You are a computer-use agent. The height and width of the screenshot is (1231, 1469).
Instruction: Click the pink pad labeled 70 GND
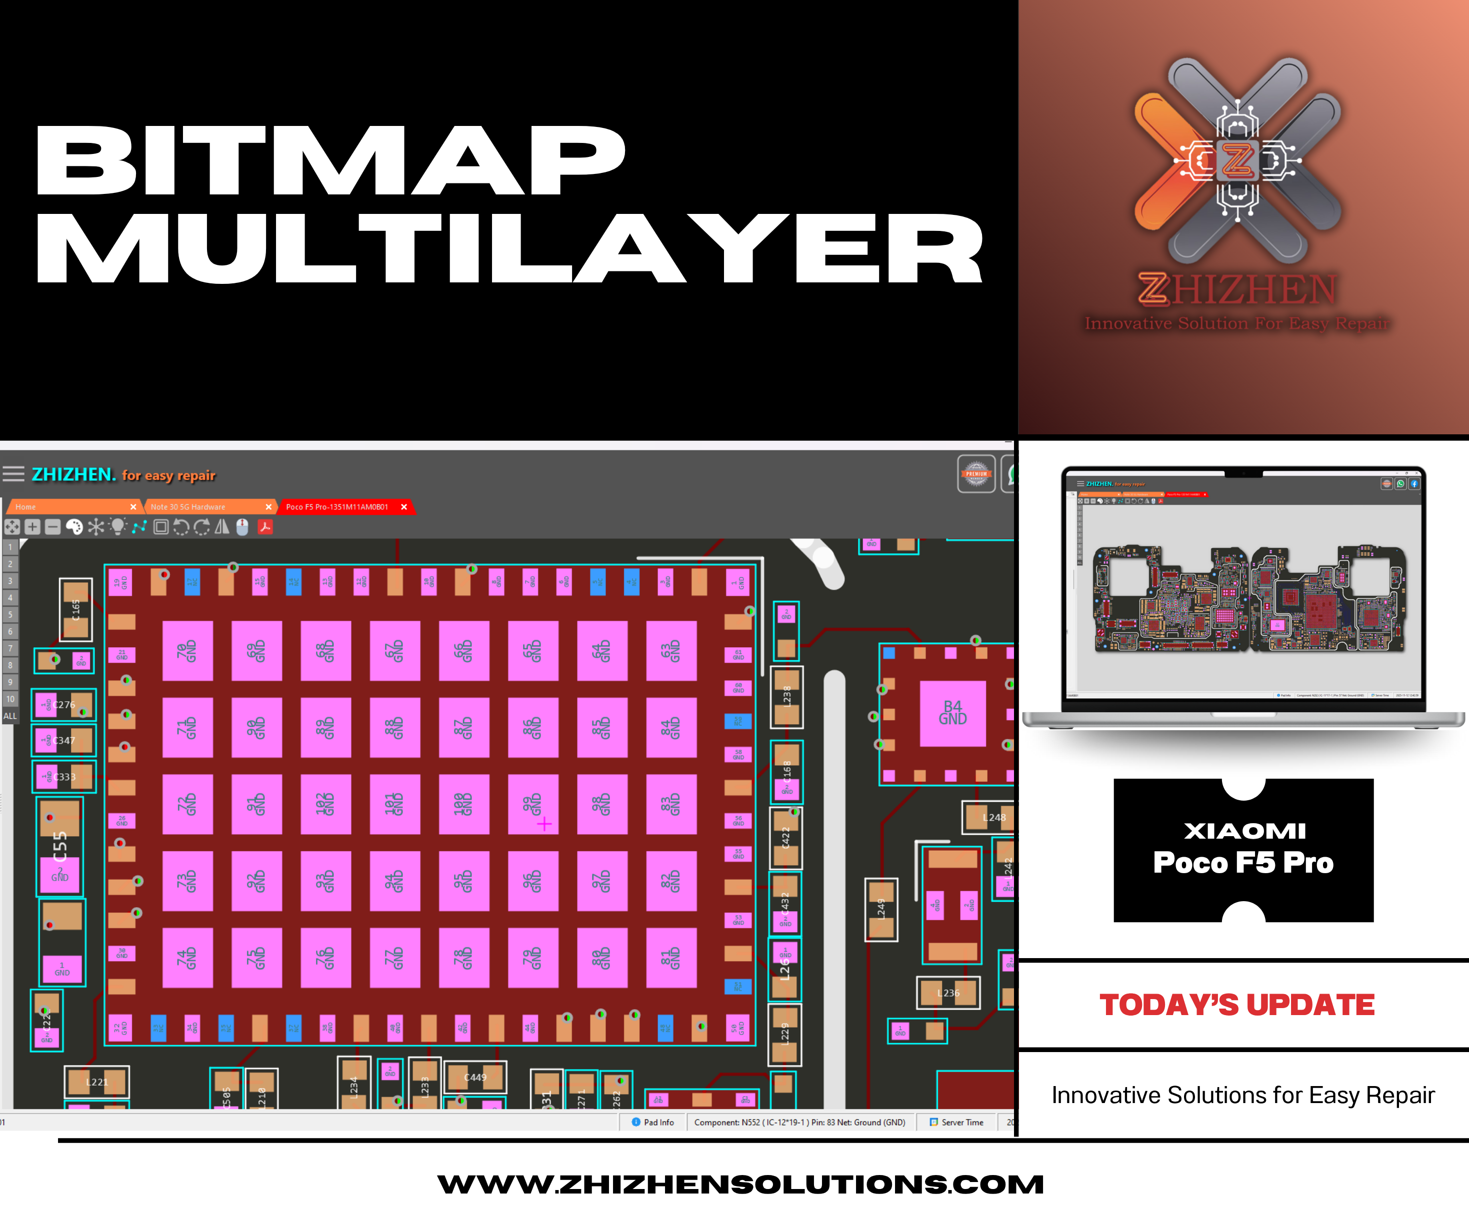click(x=187, y=650)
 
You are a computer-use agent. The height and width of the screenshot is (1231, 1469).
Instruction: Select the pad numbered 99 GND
click(x=533, y=804)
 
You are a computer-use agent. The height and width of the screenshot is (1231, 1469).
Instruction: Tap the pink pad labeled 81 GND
click(x=671, y=958)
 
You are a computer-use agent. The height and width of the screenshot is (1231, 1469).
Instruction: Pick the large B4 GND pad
click(x=952, y=713)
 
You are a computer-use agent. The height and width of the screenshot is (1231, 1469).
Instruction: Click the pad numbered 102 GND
click(x=325, y=804)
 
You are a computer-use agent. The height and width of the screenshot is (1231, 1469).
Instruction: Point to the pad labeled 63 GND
click(x=671, y=650)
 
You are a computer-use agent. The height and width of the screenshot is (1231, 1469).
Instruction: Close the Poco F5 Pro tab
click(x=403, y=507)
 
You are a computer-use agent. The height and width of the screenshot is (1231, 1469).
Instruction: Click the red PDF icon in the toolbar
click(x=265, y=527)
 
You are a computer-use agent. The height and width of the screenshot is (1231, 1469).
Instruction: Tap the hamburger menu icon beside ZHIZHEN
click(x=13, y=474)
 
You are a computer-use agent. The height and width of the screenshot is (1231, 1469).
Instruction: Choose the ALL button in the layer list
click(x=10, y=716)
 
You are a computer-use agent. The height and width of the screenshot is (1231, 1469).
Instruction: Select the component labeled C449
click(x=475, y=1077)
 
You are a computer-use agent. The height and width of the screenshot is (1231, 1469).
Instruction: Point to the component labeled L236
click(x=948, y=993)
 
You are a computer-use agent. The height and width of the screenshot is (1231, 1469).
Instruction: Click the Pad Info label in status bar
click(x=657, y=1123)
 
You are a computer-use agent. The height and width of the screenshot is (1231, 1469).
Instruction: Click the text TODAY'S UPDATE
click(x=1237, y=1005)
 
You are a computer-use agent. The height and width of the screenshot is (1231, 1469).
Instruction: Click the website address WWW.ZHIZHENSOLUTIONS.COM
click(x=740, y=1184)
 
